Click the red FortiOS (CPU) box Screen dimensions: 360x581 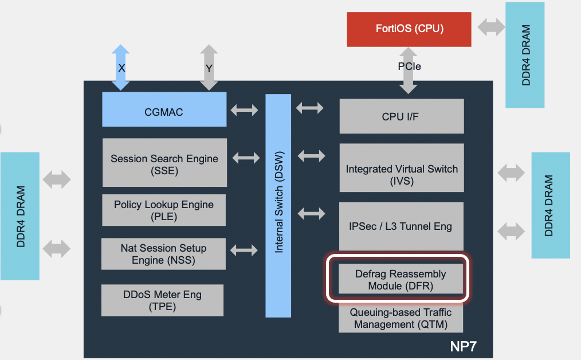point(409,29)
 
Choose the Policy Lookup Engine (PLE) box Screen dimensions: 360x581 point(163,210)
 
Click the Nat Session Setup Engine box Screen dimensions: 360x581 point(163,254)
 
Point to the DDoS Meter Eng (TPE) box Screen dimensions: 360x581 point(162,300)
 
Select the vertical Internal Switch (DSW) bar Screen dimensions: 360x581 point(279,206)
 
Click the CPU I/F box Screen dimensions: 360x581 point(401,116)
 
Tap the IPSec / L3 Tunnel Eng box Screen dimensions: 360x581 point(401,226)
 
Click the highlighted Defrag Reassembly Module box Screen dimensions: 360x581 point(400,279)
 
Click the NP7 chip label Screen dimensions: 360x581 point(462,346)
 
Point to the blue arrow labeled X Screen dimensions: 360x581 point(121,68)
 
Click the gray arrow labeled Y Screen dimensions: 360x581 point(209,68)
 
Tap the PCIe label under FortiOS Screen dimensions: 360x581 point(409,66)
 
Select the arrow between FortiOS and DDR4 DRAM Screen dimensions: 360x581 point(491,26)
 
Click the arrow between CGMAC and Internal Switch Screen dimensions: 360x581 point(245,109)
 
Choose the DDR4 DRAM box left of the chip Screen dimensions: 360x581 point(20,216)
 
